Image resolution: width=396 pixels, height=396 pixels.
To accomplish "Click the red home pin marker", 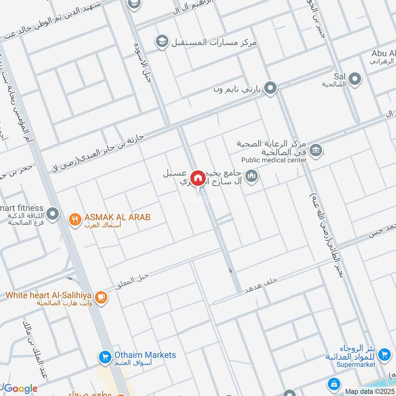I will [x=198, y=178].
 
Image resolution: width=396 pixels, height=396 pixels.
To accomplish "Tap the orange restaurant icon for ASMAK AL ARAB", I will [x=75, y=218].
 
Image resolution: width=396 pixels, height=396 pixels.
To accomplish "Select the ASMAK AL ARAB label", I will [x=117, y=217].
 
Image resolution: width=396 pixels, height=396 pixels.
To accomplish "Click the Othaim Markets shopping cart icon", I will [x=104, y=356].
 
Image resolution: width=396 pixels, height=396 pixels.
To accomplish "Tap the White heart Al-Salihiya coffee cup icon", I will [x=101, y=297].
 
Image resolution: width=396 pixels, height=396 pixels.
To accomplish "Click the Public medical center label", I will [x=274, y=159].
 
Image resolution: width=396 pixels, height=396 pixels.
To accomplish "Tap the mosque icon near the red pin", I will [x=252, y=176].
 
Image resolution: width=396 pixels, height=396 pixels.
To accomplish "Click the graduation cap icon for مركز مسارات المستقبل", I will [x=161, y=42].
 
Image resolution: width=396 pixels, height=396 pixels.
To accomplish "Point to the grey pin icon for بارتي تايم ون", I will [x=270, y=89].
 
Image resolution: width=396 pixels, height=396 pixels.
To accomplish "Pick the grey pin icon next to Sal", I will [x=354, y=78].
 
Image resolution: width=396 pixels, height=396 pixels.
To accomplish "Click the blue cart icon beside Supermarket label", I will [x=384, y=355].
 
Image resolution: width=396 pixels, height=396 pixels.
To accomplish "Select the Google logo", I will [x=21, y=389].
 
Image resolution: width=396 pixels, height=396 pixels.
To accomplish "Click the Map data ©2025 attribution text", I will [x=370, y=391].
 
